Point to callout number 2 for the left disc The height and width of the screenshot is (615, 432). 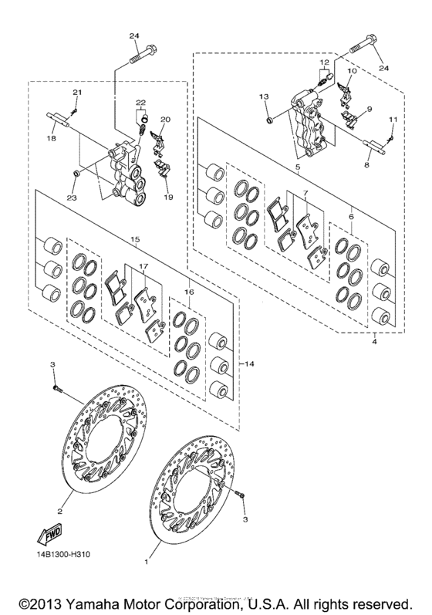pyautogui.click(x=59, y=510)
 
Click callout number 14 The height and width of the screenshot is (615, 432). pyautogui.click(x=249, y=363)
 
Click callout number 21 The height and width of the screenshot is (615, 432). pyautogui.click(x=76, y=93)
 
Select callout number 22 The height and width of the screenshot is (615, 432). pyautogui.click(x=140, y=103)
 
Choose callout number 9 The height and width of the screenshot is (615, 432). pyautogui.click(x=369, y=110)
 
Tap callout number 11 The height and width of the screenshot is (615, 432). pyautogui.click(x=393, y=120)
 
